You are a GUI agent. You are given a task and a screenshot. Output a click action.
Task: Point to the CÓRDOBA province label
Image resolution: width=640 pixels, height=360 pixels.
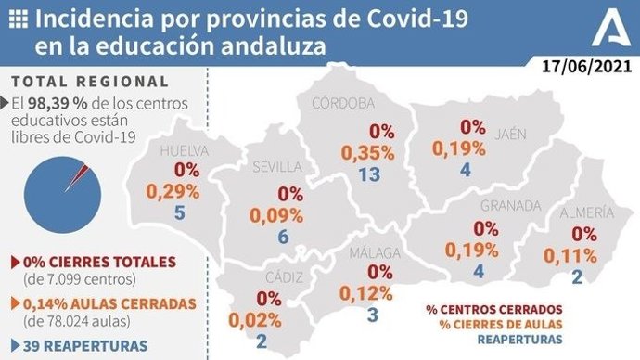pos(343,102)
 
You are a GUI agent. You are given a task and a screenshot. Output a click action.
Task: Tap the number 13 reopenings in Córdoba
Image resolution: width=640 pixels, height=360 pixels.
pos(368,175)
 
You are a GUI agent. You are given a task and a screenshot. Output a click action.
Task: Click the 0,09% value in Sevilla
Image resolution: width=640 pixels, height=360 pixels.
pos(277,215)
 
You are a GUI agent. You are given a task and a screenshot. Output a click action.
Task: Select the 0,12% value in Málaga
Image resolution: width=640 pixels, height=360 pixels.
pos(368,294)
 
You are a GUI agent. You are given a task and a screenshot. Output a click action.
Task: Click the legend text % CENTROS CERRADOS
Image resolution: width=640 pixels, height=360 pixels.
pos(493,309)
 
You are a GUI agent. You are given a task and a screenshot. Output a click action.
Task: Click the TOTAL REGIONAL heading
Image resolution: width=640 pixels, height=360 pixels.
pos(90,82)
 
